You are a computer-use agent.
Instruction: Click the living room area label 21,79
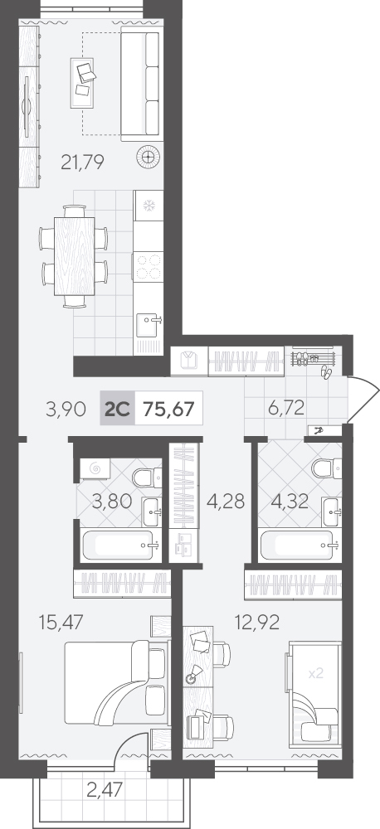tap(82, 162)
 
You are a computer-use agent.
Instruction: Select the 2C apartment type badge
tap(118, 409)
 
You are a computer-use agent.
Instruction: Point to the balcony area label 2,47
tap(105, 790)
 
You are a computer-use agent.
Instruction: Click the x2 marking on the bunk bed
tap(315, 673)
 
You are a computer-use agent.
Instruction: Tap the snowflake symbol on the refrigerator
tap(149, 206)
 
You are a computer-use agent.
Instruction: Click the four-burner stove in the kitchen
tap(149, 266)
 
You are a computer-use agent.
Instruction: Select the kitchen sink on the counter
tap(149, 325)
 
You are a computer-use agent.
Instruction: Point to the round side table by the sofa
tap(149, 157)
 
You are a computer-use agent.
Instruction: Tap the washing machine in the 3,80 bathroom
tap(95, 468)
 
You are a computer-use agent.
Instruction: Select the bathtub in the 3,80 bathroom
tap(122, 545)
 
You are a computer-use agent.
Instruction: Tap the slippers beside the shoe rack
tap(325, 372)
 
